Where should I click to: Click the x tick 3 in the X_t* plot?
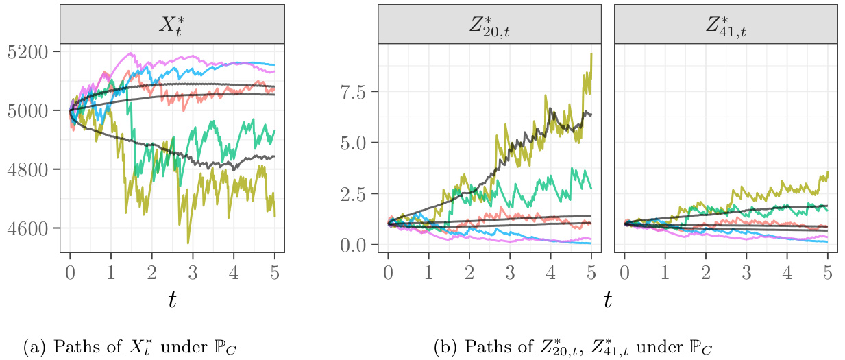coord(193,272)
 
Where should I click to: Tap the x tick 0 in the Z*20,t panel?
coord(388,272)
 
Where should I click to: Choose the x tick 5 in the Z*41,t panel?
coord(827,272)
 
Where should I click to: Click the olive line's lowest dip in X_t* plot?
coord(188,243)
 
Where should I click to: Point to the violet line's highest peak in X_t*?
coord(130,53)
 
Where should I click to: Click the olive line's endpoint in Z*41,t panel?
coord(828,172)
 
